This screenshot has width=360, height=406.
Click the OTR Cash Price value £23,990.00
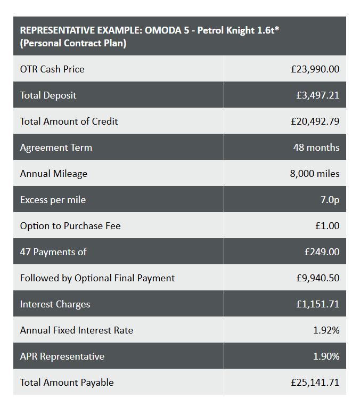[315, 69]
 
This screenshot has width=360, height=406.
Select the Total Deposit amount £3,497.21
[317, 95]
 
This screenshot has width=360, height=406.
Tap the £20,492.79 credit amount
[315, 121]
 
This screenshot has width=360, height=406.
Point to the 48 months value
[316, 148]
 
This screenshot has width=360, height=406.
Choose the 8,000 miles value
[314, 174]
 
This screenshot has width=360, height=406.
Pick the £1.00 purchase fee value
[327, 226]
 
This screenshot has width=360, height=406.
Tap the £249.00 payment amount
[322, 252]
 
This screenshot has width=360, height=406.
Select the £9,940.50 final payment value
[317, 278]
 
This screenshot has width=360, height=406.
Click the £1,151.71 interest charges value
[317, 304]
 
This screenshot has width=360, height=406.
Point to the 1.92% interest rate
[326, 330]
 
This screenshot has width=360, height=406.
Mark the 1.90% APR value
[326, 356]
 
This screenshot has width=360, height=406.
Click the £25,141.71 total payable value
[315, 383]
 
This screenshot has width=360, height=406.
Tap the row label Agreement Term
[56, 148]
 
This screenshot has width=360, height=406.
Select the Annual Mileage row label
[53, 174]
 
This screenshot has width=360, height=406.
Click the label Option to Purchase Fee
[70, 226]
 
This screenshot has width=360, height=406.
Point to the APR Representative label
[62, 356]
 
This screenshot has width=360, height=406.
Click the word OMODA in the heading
[160, 30]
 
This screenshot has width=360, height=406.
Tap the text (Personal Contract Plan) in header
[73, 44]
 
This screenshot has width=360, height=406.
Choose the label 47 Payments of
[53, 252]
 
